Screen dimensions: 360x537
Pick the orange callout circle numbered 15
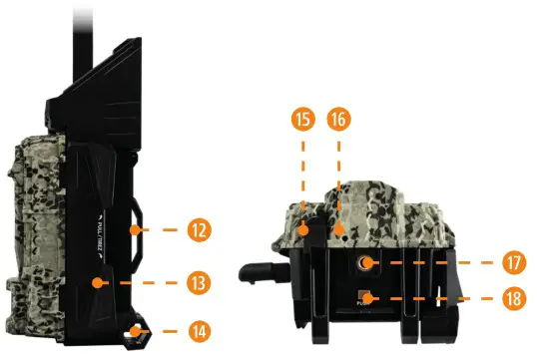pos(303,119)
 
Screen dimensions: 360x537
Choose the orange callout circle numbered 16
pos(339,119)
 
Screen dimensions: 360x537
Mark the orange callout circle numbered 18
pos(514,298)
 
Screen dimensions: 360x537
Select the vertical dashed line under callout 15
pos(303,180)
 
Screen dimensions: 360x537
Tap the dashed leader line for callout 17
pos(439,264)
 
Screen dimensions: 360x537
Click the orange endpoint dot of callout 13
pos(97,283)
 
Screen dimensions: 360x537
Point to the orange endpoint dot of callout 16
pos(339,231)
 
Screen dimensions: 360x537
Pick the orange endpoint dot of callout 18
pos(366,297)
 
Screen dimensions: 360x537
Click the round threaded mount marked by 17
pos(366,264)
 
